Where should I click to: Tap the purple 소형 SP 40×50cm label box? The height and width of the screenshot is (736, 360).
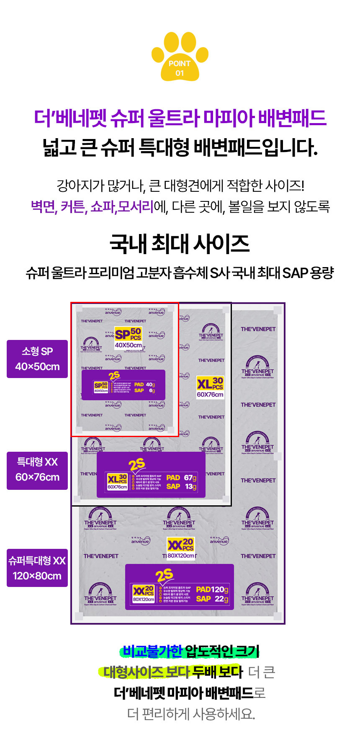tap(37, 359)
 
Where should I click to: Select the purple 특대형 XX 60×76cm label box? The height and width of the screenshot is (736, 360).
tap(37, 470)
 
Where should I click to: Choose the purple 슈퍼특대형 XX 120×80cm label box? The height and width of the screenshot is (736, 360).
tap(37, 568)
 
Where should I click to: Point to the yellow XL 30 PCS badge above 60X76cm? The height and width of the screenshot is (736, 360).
tap(210, 383)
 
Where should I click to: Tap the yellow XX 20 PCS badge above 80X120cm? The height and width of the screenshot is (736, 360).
tap(180, 545)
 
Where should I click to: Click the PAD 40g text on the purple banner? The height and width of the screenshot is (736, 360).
tap(144, 384)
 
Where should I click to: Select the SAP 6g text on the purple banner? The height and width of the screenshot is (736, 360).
tap(144, 391)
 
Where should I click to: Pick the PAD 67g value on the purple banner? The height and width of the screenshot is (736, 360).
tap(181, 478)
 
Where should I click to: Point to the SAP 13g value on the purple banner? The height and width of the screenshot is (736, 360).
tap(181, 486)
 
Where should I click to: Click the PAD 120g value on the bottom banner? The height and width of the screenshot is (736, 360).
tap(212, 589)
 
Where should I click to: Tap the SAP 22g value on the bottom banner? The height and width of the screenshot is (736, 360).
tap(212, 599)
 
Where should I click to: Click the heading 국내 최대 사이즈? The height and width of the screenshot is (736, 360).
tap(180, 244)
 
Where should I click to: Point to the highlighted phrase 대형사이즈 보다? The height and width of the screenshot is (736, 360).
tap(147, 672)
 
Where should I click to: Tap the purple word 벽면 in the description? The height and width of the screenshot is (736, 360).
tap(44, 206)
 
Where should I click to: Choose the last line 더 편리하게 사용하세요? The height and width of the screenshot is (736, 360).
tap(191, 714)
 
